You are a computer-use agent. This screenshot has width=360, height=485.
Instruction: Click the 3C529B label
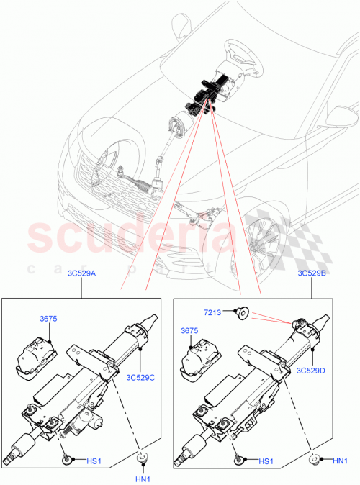click(x=310, y=273)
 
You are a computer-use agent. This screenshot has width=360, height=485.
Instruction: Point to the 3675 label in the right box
click(x=189, y=330)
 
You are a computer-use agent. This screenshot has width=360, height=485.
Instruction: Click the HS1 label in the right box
click(x=266, y=461)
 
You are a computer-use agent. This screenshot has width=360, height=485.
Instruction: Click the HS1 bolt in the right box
click(x=238, y=458)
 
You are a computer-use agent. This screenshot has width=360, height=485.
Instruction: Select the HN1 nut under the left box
click(x=143, y=458)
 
